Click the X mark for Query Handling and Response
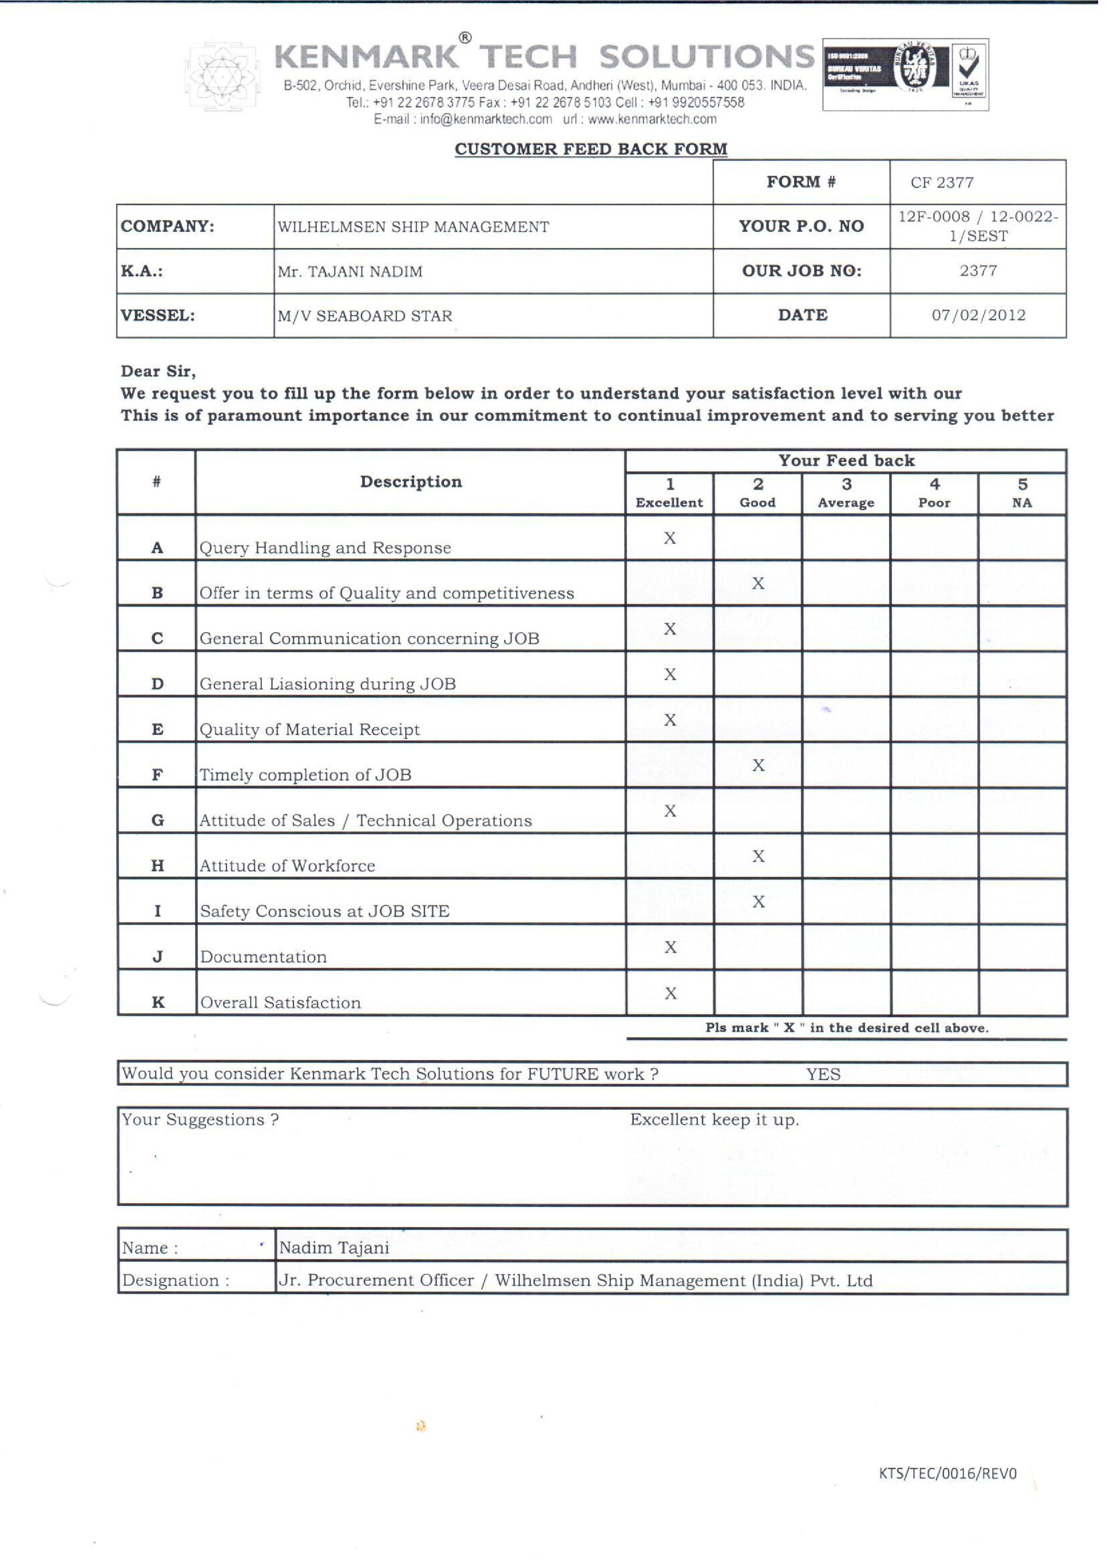point(675,543)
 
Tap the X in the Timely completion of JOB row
point(764,771)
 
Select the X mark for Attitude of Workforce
point(764,863)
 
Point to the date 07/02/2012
point(986,317)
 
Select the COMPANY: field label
point(169,228)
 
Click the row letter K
point(159,1010)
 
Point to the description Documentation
point(265,964)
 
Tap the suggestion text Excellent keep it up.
point(720,1128)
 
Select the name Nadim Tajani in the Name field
point(337,1257)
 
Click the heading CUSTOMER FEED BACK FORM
point(596,151)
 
